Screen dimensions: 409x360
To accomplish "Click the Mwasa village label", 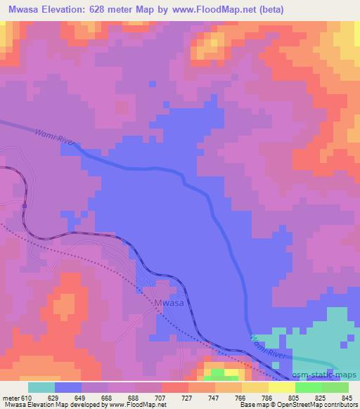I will click(x=169, y=303).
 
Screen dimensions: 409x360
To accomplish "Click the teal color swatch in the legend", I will click(x=41, y=387).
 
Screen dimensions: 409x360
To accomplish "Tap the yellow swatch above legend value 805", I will click(x=281, y=387).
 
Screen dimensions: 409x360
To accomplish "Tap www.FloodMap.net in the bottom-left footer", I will click(x=141, y=405).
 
